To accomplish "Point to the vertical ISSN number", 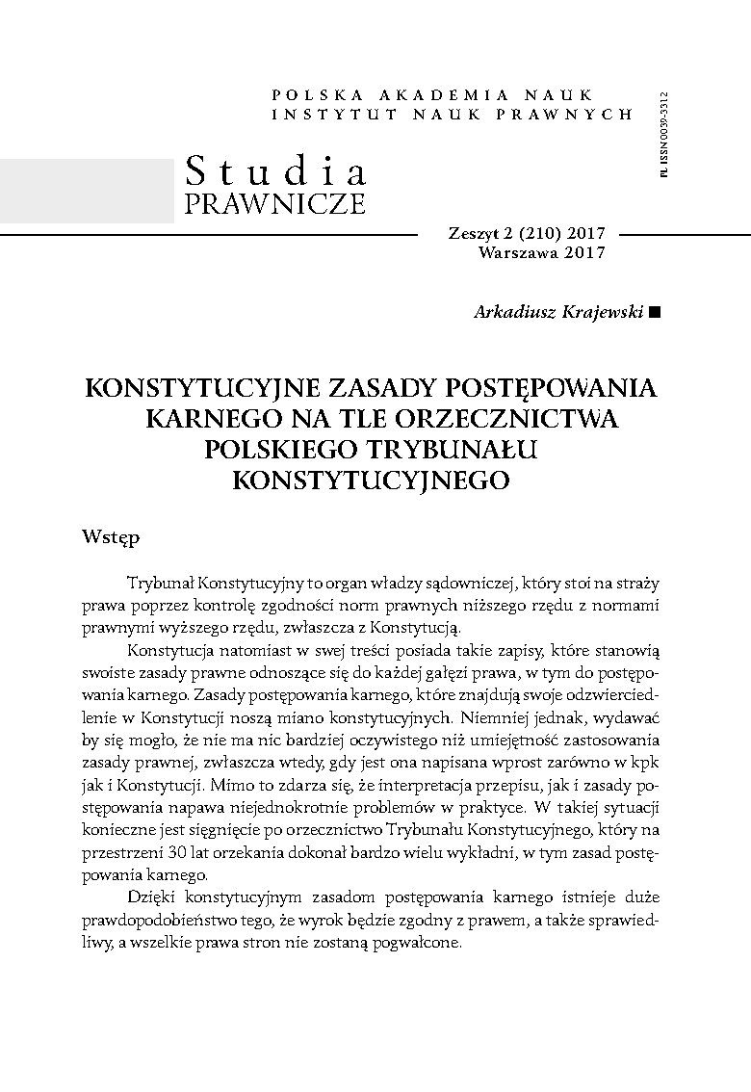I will [664, 135].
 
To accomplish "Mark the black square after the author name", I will [656, 311].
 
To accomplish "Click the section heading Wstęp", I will [112, 536].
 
